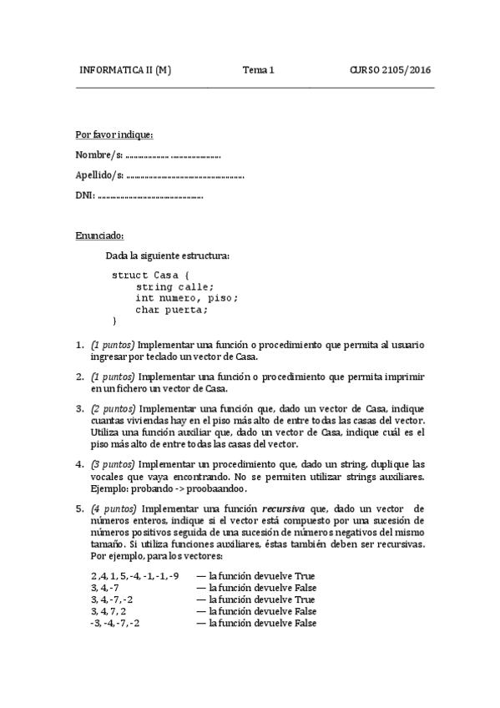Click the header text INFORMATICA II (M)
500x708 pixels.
tap(124, 70)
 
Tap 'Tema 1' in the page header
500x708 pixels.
tap(259, 70)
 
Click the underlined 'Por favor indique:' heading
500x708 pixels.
tap(114, 134)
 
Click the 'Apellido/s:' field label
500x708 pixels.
tap(99, 175)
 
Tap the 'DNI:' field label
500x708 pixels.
tap(85, 196)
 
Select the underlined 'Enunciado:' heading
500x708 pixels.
tap(99, 236)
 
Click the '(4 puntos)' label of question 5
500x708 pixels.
tap(114, 508)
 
